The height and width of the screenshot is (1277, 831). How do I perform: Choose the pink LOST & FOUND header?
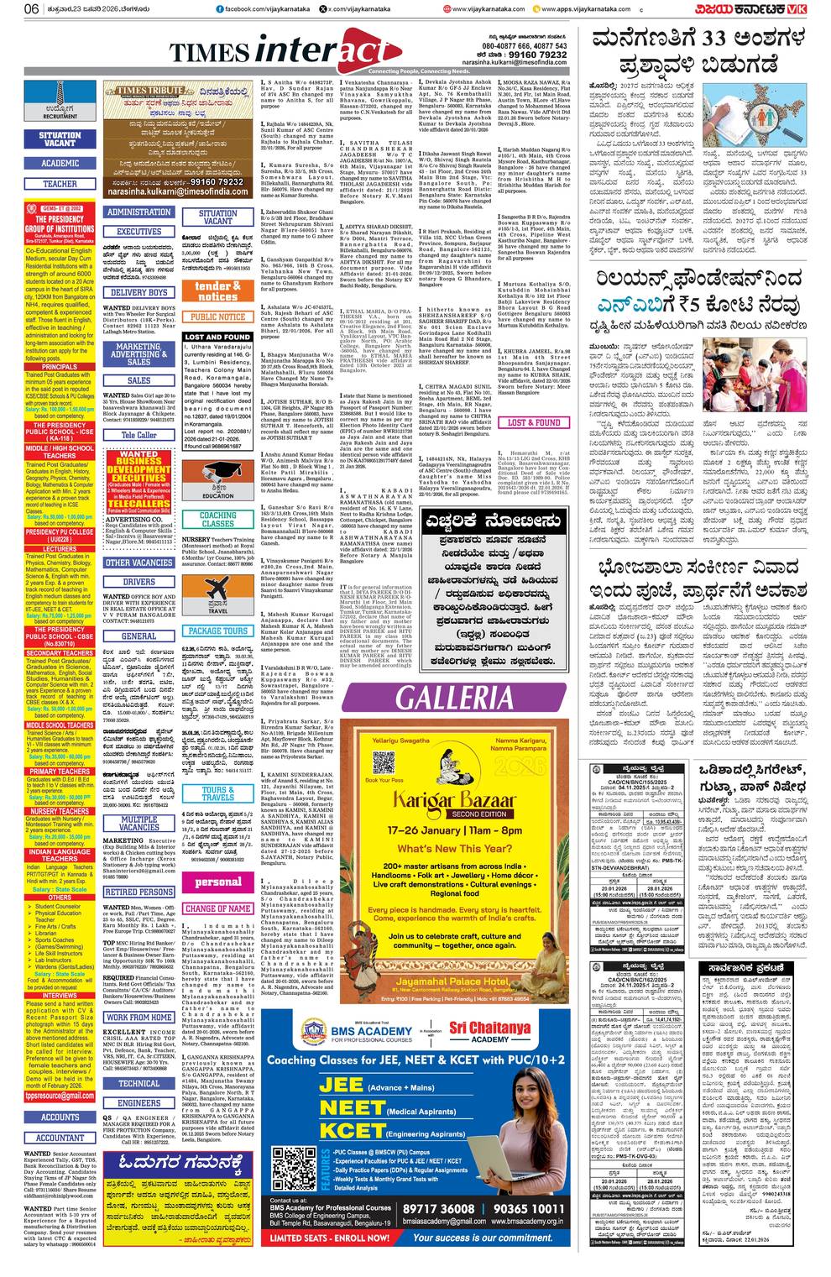(535, 422)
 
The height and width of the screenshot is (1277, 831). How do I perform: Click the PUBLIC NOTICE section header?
(217, 317)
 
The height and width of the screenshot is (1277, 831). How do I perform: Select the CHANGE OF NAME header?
(217, 908)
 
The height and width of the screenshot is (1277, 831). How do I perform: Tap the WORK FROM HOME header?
(138, 1017)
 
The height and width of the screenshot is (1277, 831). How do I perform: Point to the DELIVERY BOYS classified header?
(138, 293)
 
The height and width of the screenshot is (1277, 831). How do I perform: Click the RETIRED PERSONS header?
(138, 892)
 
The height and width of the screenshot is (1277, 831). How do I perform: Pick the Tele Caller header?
(138, 435)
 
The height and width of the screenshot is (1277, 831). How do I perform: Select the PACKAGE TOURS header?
(217, 631)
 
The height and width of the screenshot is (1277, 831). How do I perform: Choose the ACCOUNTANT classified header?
(60, 1138)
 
